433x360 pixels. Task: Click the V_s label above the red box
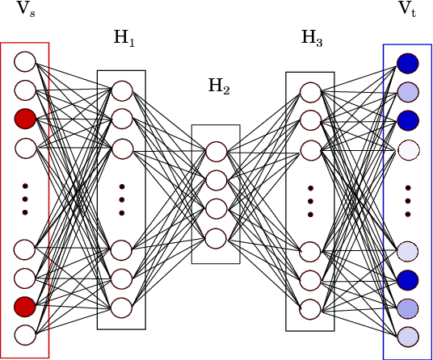coord(26,10)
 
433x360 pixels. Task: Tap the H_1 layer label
coord(124,38)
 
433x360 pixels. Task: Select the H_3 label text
coord(312,38)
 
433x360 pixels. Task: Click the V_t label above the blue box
coord(408,10)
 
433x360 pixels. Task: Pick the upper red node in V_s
coord(25,119)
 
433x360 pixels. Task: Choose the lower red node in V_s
coord(25,307)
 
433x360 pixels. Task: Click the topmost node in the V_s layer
coord(25,61)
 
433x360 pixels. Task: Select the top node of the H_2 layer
coord(216,152)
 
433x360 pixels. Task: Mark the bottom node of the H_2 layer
coord(216,238)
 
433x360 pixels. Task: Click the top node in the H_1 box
coord(122,90)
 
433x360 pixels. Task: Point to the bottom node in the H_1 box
coord(122,308)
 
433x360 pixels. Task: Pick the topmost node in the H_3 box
coord(311,92)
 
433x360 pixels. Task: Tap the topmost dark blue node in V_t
coord(408,62)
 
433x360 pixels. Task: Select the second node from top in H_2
coord(216,180)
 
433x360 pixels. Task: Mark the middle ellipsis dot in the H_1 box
coord(122,199)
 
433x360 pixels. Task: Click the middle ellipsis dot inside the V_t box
coord(408,200)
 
